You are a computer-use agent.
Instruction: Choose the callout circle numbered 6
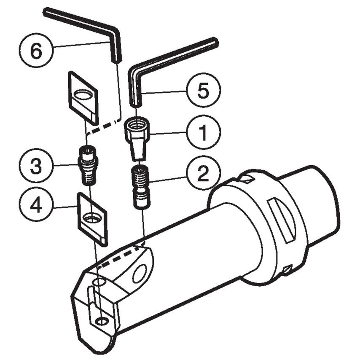(36, 51)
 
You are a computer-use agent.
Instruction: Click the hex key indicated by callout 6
(84, 22)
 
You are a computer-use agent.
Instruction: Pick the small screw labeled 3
(87, 165)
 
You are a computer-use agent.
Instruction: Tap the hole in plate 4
(91, 218)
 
